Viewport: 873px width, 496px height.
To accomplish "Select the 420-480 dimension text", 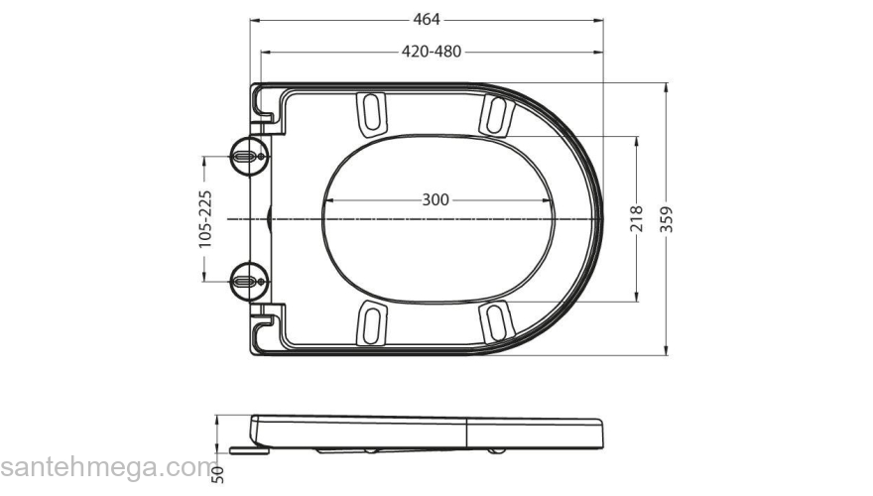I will point(431,52).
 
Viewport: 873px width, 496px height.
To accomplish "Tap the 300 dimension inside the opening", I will point(436,199).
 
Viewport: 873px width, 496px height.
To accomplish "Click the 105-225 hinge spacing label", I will point(204,218).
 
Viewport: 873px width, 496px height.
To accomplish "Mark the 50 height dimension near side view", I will point(218,474).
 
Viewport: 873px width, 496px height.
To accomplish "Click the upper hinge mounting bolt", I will point(247,156).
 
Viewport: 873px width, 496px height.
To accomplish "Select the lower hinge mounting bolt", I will point(247,281).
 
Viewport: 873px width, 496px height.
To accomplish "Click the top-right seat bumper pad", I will point(496,113).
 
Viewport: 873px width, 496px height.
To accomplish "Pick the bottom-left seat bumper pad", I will point(371,324).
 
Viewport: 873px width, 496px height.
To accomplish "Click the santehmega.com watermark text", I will point(100,466).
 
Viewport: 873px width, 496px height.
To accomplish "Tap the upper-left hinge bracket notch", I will point(269,109).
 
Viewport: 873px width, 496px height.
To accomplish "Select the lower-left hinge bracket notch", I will point(269,326).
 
